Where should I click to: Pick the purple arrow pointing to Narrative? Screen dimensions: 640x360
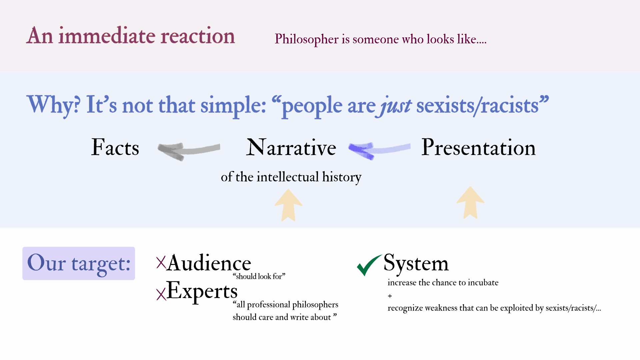pyautogui.click(x=379, y=150)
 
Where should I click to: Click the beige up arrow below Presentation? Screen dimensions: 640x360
pyautogui.click(x=470, y=203)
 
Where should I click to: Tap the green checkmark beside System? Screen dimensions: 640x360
pyautogui.click(x=368, y=265)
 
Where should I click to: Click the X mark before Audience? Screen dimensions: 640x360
pyautogui.click(x=161, y=263)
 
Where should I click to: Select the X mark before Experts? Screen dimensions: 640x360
pyautogui.click(x=161, y=294)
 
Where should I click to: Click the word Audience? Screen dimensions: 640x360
pyautogui.click(x=209, y=263)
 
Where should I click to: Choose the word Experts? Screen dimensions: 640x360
pyautogui.click(x=202, y=291)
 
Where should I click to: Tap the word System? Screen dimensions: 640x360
pyautogui.click(x=416, y=263)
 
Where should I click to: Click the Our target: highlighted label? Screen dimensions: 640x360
pyautogui.click(x=79, y=263)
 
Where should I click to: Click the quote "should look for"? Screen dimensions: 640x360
pyautogui.click(x=259, y=276)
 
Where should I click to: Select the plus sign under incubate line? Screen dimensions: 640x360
pyautogui.click(x=390, y=296)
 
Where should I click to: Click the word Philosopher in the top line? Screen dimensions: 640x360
pyautogui.click(x=307, y=39)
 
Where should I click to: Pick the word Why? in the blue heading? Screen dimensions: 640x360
pyautogui.click(x=53, y=105)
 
